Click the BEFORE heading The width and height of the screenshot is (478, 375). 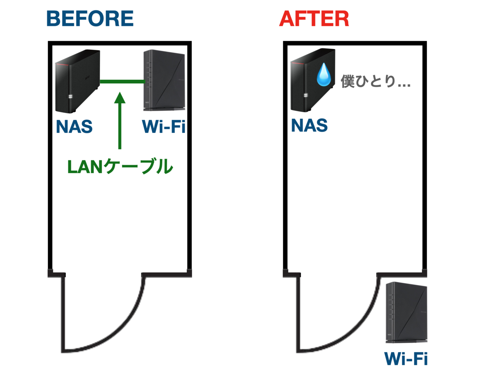[x=90, y=18]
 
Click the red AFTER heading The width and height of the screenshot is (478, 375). [x=314, y=18]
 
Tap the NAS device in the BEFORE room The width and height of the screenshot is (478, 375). [x=77, y=81]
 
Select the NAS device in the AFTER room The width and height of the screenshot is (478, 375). [x=313, y=80]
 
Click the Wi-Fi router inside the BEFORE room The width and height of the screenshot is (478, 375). [x=164, y=80]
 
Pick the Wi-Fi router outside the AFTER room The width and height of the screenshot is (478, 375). [x=407, y=312]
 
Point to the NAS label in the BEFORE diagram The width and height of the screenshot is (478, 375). [x=74, y=126]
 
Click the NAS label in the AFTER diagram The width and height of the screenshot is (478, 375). [x=309, y=125]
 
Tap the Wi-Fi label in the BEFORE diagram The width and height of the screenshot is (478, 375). [x=164, y=126]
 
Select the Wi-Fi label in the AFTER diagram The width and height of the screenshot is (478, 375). [x=406, y=359]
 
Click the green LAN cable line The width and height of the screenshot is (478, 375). [x=123, y=82]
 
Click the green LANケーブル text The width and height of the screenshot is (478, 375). [x=120, y=166]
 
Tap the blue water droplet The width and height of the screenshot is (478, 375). [x=324, y=75]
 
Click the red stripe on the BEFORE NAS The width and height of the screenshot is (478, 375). [x=63, y=65]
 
